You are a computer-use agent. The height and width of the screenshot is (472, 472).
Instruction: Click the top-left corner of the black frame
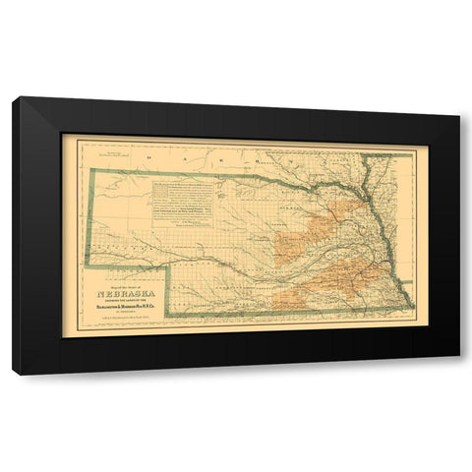(x=14, y=97)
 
